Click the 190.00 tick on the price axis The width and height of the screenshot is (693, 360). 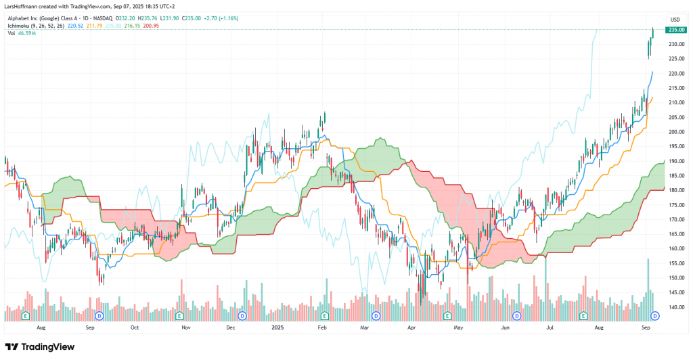click(x=675, y=161)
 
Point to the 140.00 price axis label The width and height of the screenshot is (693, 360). click(x=675, y=307)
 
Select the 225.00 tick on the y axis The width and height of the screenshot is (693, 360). click(x=675, y=59)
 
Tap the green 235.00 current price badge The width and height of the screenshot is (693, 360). click(x=676, y=30)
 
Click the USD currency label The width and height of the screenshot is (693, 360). click(x=674, y=19)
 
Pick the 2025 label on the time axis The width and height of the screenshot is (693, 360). click(x=277, y=327)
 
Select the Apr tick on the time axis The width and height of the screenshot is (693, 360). click(x=411, y=327)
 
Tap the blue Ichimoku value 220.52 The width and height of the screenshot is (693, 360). click(x=74, y=26)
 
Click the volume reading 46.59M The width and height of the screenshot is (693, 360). click(x=28, y=33)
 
